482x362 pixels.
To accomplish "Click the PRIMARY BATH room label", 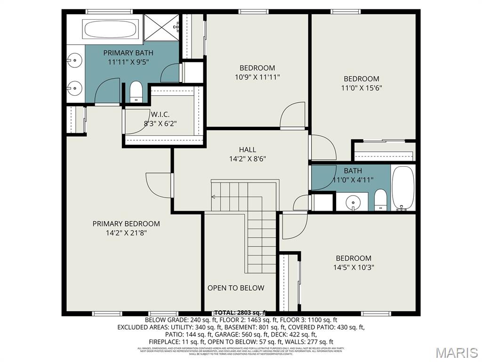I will [x=128, y=53].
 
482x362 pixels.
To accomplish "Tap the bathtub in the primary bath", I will [x=112, y=29].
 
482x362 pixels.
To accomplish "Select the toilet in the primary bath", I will [x=136, y=91].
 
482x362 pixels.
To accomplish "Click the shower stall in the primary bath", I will [x=161, y=29].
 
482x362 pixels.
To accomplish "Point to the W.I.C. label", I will [x=160, y=114].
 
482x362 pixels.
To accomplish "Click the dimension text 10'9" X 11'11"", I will [x=257, y=77].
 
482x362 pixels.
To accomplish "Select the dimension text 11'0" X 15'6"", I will [x=361, y=88].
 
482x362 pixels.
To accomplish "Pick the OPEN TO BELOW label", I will [x=236, y=288].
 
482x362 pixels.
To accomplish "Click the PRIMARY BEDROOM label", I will [x=126, y=223].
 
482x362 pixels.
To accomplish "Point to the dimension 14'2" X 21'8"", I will [x=126, y=232].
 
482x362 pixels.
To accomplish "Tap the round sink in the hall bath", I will [x=353, y=203].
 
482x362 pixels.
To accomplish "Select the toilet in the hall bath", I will [x=380, y=200].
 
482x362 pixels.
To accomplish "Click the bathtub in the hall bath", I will [x=403, y=188].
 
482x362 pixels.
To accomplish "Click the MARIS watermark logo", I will [x=456, y=353].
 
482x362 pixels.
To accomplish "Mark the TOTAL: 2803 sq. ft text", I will [x=240, y=313].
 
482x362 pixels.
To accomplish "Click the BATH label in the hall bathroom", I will [x=353, y=171].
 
